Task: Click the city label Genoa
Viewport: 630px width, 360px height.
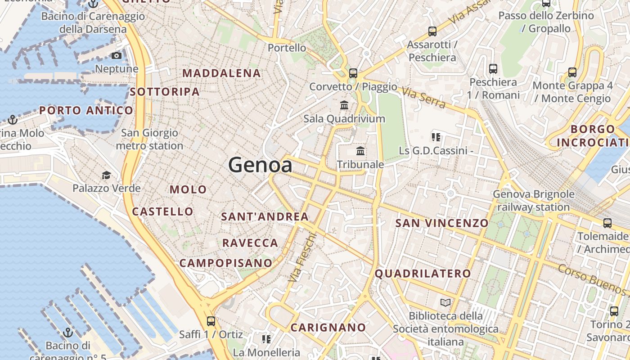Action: click(x=260, y=165)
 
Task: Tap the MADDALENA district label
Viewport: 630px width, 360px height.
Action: click(x=221, y=73)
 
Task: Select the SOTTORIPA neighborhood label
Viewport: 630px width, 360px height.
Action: click(x=165, y=92)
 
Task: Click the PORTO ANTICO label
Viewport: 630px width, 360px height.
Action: click(x=86, y=110)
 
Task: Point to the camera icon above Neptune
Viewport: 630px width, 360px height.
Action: click(x=117, y=55)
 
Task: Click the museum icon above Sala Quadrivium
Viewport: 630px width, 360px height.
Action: click(x=344, y=105)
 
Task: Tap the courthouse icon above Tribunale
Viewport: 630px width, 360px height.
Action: click(x=360, y=151)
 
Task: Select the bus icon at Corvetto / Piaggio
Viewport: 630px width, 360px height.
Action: click(x=353, y=73)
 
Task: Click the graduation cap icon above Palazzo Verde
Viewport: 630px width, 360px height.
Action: click(x=106, y=175)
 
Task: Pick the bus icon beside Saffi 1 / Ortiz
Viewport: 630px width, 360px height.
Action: click(x=211, y=321)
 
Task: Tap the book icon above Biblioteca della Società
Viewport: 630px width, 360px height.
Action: click(x=445, y=302)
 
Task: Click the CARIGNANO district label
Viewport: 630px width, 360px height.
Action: click(x=328, y=328)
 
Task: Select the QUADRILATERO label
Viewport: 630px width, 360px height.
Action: click(x=423, y=274)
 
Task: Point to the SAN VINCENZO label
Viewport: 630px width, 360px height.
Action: click(x=441, y=223)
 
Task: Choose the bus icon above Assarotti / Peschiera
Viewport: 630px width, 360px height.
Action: click(x=432, y=31)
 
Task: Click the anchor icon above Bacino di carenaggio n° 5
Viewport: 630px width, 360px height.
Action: click(x=68, y=333)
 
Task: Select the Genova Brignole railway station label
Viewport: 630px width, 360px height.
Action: click(x=534, y=201)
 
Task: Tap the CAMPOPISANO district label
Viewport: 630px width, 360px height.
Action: click(x=226, y=263)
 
